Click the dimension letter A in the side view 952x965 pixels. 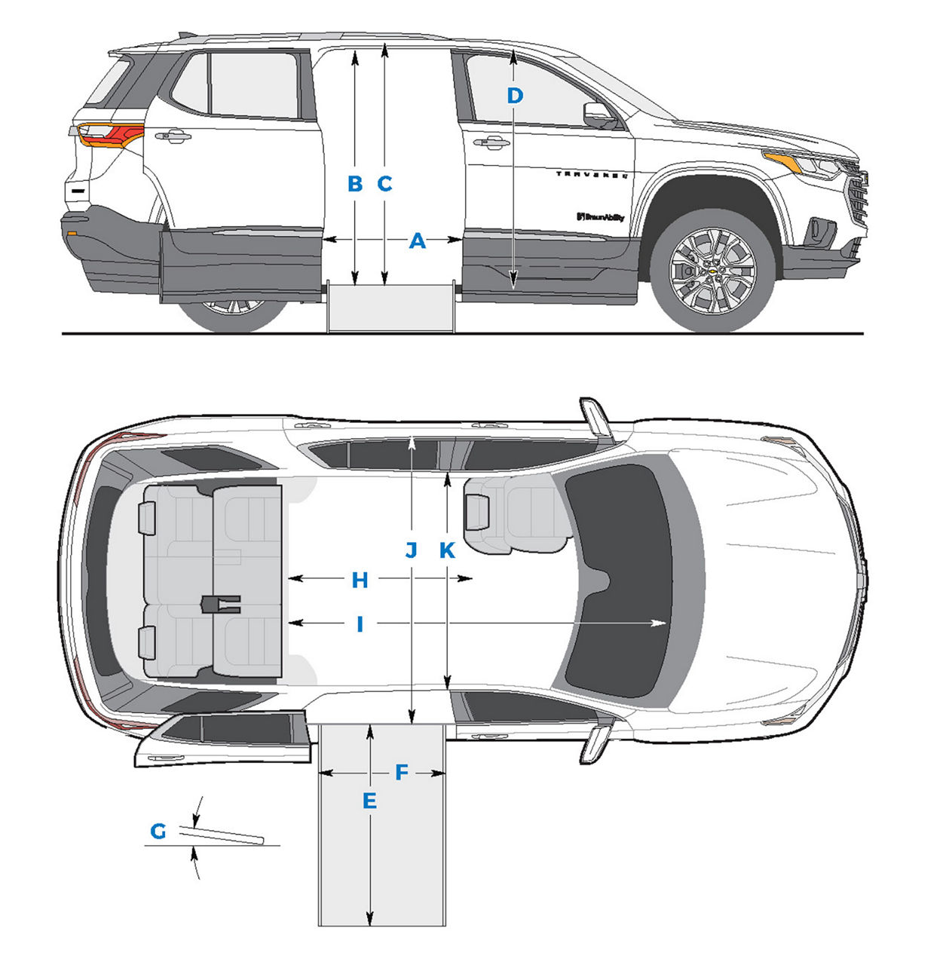click(417, 241)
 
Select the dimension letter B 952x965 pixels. click(355, 184)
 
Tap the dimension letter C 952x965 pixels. click(384, 184)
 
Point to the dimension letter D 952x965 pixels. click(514, 96)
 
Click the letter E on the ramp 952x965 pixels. click(369, 801)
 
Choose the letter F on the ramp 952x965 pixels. click(401, 773)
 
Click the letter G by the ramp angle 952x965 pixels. click(158, 832)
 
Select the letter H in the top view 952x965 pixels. click(360, 581)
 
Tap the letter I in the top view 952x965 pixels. click(360, 624)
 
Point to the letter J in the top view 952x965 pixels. click(411, 550)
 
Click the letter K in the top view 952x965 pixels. click(447, 550)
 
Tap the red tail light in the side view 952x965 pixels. click(112, 134)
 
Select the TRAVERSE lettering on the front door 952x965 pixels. click(592, 174)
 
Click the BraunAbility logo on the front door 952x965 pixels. click(601, 217)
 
